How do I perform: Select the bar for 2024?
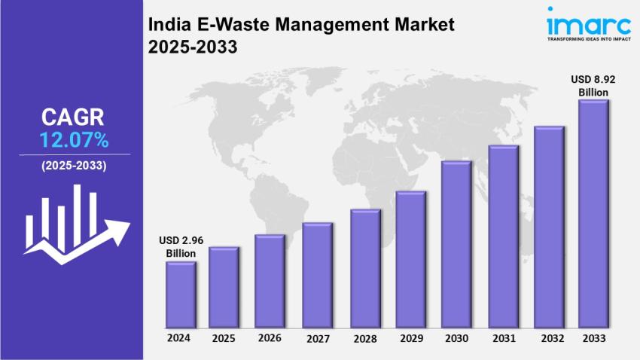click(181, 294)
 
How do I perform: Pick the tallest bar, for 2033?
click(593, 214)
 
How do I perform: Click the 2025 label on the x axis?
click(224, 338)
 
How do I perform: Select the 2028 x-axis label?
click(366, 339)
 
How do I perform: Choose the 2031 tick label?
click(503, 338)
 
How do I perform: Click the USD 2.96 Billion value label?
click(181, 246)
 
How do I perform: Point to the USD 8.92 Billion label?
click(593, 85)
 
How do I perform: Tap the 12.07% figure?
click(74, 139)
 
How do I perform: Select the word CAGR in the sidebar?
click(73, 117)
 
